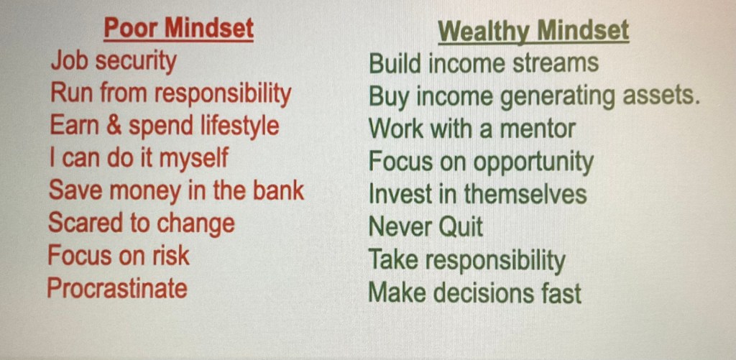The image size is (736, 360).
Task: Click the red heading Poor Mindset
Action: pyautogui.click(x=178, y=29)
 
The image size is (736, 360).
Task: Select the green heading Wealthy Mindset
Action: pyautogui.click(x=533, y=32)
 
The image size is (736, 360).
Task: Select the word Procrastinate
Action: pyautogui.click(x=117, y=288)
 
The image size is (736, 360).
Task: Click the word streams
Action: pyautogui.click(x=556, y=63)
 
